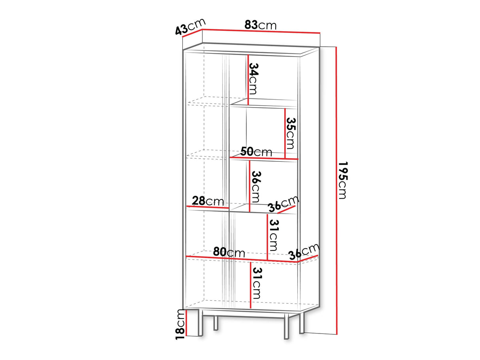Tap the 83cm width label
[x=260, y=25]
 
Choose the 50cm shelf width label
[x=256, y=152]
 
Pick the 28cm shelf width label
[x=208, y=201]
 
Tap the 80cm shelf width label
[x=229, y=252]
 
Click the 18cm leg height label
[x=181, y=324]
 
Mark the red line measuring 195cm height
[x=336, y=190]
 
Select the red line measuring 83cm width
[x=261, y=31]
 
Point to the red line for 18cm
[x=187, y=322]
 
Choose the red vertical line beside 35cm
[x=285, y=133]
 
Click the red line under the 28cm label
[x=208, y=207]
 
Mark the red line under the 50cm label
[x=264, y=159]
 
